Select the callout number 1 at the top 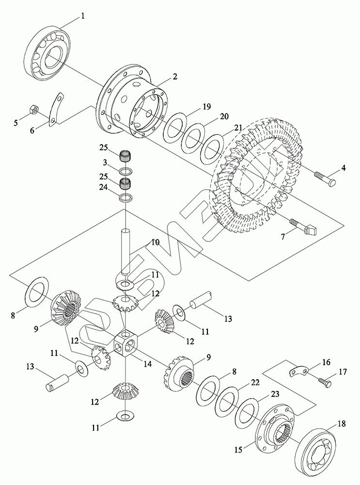coord(82,16)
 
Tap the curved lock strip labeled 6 coord(56,109)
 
